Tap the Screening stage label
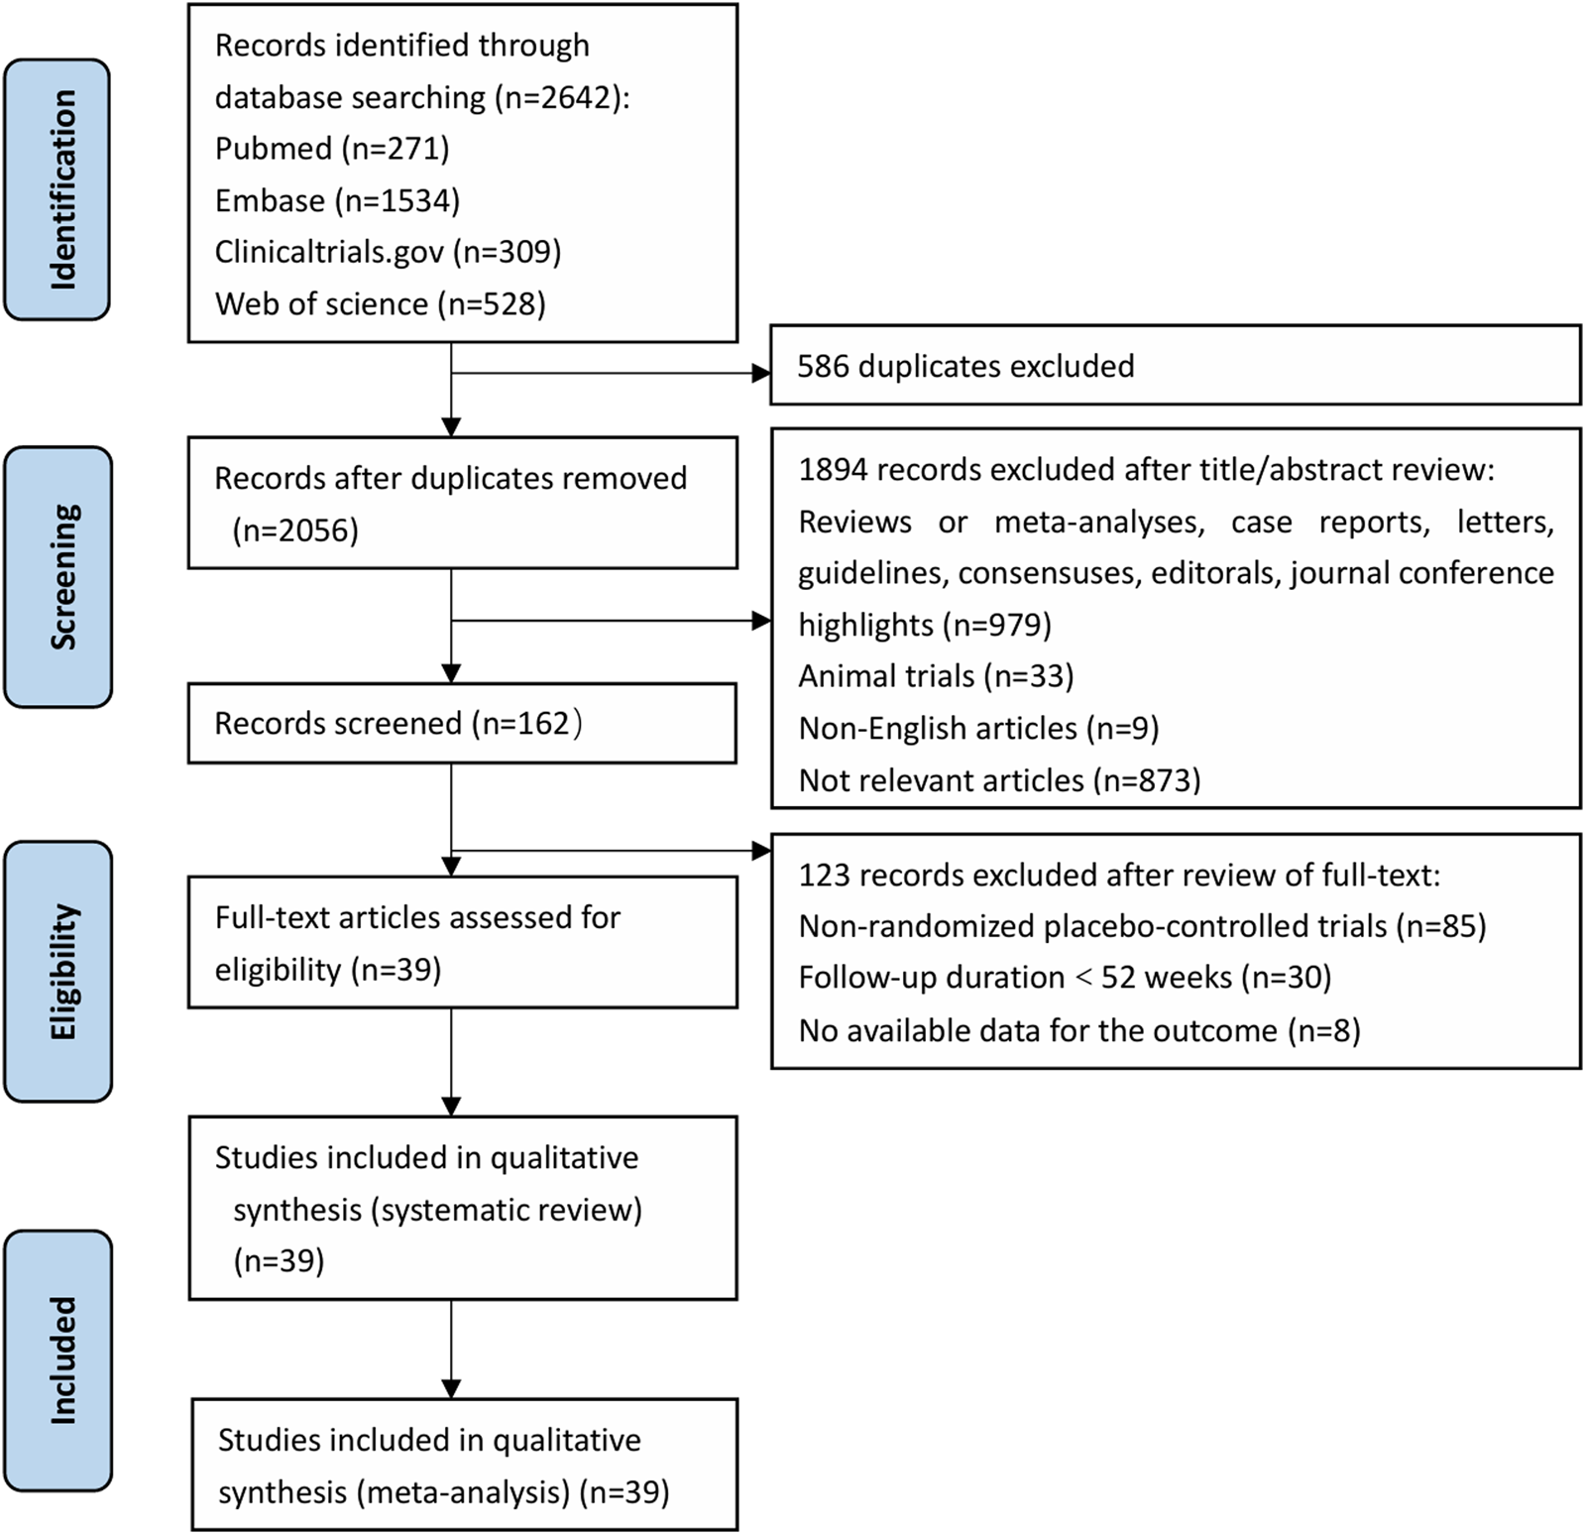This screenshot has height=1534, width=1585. point(58,577)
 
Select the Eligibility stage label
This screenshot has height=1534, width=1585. point(58,972)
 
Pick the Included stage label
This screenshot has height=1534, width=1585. point(58,1360)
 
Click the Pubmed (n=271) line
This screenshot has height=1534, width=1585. point(332,149)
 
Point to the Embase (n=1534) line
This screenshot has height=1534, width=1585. point(337,200)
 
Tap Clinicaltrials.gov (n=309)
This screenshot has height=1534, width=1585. point(388,252)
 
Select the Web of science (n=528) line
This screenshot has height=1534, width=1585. point(380,303)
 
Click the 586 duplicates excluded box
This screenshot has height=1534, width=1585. point(1175,366)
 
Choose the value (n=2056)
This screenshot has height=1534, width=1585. point(295,531)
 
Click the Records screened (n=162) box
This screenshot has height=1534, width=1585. point(462,723)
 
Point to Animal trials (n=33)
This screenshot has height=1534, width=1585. point(936,676)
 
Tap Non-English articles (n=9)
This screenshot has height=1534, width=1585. point(978,729)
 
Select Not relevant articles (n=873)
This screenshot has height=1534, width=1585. point(999,780)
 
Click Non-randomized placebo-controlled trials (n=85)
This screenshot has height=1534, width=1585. point(1142,926)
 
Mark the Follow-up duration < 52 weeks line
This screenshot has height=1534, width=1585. point(1065,978)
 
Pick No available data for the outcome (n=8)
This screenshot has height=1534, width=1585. point(1079,1031)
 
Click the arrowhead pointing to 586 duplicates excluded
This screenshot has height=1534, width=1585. point(761,374)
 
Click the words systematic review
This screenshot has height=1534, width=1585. point(507,1210)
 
